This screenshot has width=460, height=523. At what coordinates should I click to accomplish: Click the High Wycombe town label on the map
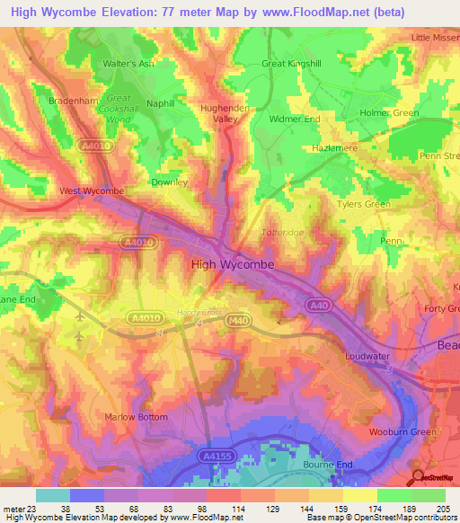(x=232, y=264)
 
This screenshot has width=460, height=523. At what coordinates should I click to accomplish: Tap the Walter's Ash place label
(x=129, y=64)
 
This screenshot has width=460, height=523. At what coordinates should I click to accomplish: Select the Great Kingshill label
(x=290, y=64)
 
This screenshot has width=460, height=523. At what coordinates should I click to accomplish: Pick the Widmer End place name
(x=296, y=119)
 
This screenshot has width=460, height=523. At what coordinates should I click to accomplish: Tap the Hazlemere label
(x=329, y=145)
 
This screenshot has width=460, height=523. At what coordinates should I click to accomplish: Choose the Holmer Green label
(x=389, y=113)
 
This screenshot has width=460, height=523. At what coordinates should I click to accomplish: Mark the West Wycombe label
(x=91, y=191)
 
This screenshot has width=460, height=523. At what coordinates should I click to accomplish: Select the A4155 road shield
(x=213, y=457)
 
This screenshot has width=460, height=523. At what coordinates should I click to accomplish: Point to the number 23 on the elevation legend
(x=34, y=508)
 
